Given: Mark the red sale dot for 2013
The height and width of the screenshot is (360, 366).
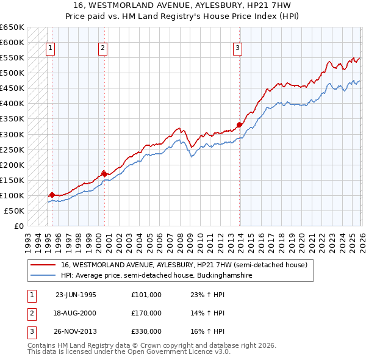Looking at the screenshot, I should point(239,125).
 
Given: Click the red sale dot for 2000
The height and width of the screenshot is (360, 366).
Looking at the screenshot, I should point(104,173).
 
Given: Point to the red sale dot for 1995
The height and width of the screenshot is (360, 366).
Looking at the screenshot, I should point(52,195).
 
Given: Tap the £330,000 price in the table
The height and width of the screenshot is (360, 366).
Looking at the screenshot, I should point(146,331).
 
